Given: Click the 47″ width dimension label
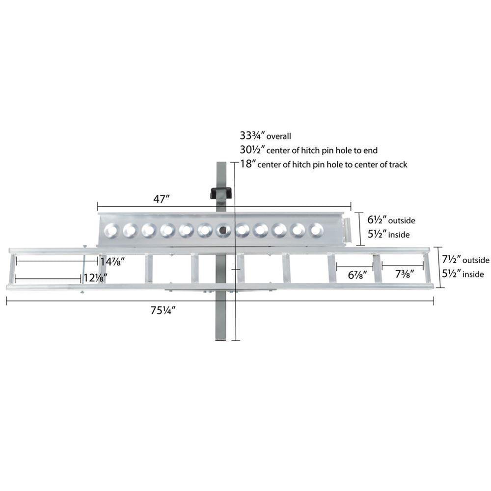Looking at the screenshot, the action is [x=162, y=199].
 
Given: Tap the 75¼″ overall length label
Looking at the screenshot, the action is [x=163, y=310].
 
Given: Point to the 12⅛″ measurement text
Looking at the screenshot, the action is [x=96, y=278].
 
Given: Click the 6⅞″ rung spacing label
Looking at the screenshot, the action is [x=357, y=275].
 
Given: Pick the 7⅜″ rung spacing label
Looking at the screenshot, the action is [x=405, y=274].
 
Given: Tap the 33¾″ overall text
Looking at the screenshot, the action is [x=265, y=136].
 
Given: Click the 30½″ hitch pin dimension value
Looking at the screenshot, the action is [x=253, y=150].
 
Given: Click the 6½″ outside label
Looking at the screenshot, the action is [x=391, y=220].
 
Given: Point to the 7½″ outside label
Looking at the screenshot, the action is [x=465, y=260].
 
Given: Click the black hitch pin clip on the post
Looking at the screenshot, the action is [x=221, y=193].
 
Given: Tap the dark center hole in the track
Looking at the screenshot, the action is [x=223, y=230].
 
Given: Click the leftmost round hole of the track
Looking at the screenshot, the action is [x=111, y=230].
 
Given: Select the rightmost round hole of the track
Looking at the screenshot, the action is [x=316, y=230].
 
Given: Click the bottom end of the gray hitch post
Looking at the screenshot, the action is [x=220, y=340].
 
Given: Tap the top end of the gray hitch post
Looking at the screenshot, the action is [x=221, y=163].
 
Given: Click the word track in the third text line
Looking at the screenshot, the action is [x=398, y=164].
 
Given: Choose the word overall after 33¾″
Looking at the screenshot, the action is [x=279, y=136].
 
